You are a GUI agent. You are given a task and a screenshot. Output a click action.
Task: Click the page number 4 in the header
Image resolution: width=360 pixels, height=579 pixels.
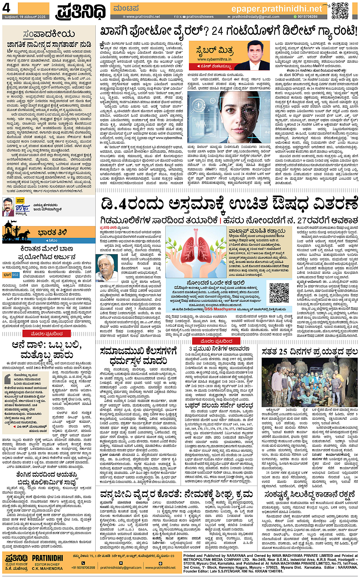tap(6, 8)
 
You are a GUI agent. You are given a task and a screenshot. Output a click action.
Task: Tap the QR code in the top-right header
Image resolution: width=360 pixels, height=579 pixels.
tap(339, 11)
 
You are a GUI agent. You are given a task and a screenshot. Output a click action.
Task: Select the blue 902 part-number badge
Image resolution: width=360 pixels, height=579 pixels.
tap(15, 274)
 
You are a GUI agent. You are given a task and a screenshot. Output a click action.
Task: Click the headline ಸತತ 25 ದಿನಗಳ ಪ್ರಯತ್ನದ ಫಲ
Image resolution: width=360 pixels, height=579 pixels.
tap(309, 351)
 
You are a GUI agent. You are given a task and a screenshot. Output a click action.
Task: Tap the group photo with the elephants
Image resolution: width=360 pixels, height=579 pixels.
tap(309, 382)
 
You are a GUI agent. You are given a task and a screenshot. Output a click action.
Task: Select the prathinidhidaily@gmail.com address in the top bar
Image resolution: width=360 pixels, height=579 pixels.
tap(255, 17)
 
